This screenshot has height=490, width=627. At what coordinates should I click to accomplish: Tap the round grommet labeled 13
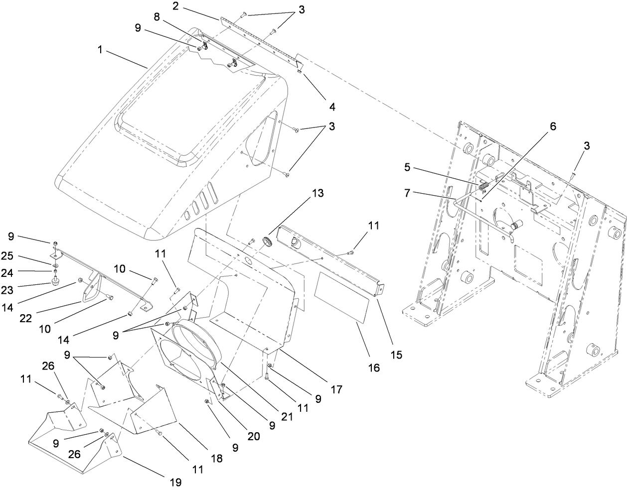pos(268,242)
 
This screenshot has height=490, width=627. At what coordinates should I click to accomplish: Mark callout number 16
pos(373,367)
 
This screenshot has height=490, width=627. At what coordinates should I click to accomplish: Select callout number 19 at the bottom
pos(175,482)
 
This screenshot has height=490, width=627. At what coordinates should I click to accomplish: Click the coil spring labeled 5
pos(483,186)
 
